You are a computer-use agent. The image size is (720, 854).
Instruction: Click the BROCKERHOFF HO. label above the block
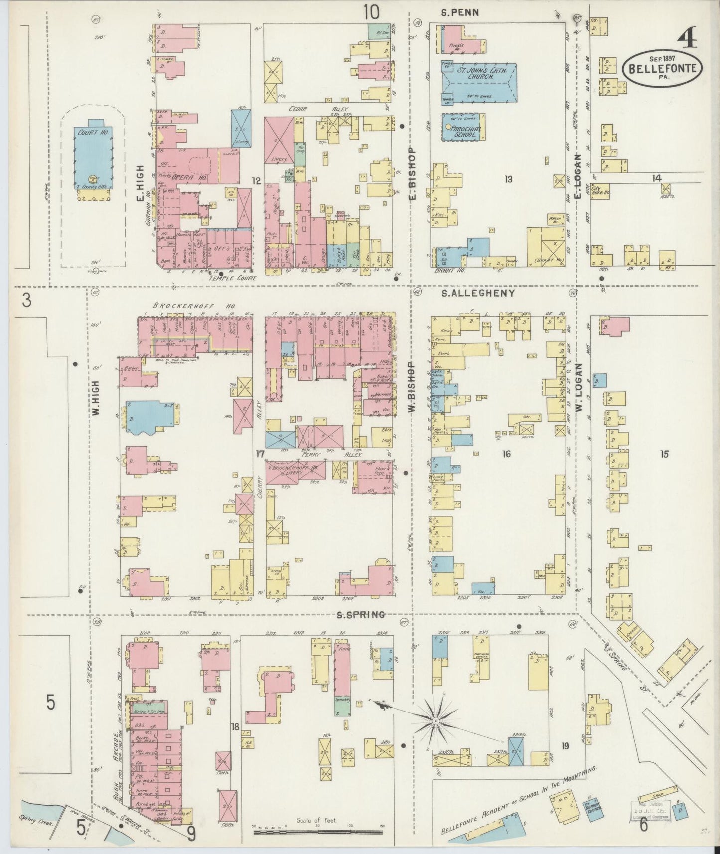coord(194,306)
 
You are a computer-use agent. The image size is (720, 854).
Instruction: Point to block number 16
coord(507,454)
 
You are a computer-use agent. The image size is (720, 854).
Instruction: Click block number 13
coord(508,179)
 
